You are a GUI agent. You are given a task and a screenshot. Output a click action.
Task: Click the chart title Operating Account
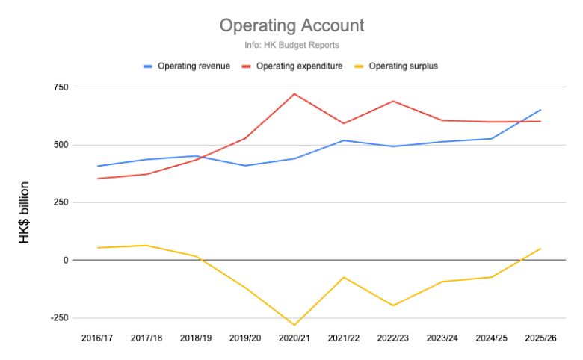[x=291, y=26]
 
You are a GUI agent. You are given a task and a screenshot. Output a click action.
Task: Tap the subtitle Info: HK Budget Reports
[x=291, y=46]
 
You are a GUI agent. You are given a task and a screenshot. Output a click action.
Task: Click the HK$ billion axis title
[x=25, y=213]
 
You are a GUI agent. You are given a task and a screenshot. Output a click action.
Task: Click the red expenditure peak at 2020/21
[x=294, y=94]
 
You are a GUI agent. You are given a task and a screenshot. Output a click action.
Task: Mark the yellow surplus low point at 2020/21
[x=294, y=325]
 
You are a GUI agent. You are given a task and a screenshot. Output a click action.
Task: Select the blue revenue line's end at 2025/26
[x=540, y=110]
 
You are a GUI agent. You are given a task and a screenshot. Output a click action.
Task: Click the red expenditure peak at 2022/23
[x=393, y=101]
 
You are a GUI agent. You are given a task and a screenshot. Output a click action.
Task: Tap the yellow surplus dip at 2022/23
[x=393, y=305]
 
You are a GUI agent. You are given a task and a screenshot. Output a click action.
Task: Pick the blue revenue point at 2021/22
[x=344, y=140]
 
